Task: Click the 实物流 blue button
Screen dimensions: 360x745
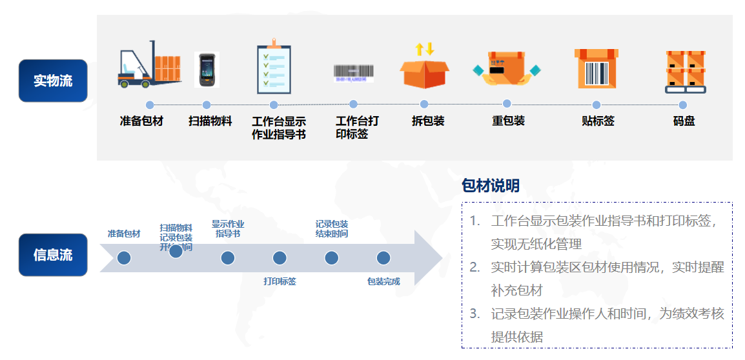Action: point(53,81)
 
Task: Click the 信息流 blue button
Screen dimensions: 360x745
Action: point(53,255)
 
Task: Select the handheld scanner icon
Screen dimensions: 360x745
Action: point(207,69)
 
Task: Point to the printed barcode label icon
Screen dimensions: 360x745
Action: point(353,72)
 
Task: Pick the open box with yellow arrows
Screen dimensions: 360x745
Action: point(424,66)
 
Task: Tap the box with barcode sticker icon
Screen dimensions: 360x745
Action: point(596,68)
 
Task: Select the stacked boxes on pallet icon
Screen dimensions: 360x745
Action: point(685,71)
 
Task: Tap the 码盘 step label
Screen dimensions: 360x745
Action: point(684,121)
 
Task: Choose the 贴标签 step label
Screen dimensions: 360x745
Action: point(598,121)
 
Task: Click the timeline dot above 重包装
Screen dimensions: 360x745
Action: point(507,104)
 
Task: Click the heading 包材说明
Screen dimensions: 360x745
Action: point(491,186)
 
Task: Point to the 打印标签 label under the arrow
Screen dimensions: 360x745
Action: point(280,281)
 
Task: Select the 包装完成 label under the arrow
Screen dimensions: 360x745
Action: point(383,281)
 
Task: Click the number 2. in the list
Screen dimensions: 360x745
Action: point(475,267)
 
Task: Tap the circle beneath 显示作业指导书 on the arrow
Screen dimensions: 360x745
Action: point(227,258)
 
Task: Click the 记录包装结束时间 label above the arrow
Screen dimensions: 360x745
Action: point(332,228)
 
